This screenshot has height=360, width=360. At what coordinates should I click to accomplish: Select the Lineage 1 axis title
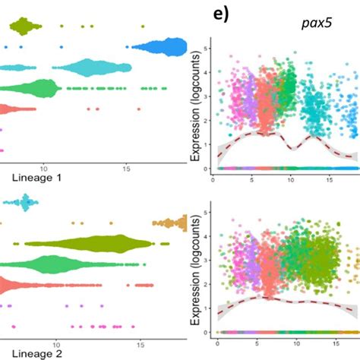pos(35,178)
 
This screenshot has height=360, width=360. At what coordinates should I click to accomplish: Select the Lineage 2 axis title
pos(35,352)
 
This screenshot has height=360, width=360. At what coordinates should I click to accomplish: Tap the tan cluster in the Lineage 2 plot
pos(171,223)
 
